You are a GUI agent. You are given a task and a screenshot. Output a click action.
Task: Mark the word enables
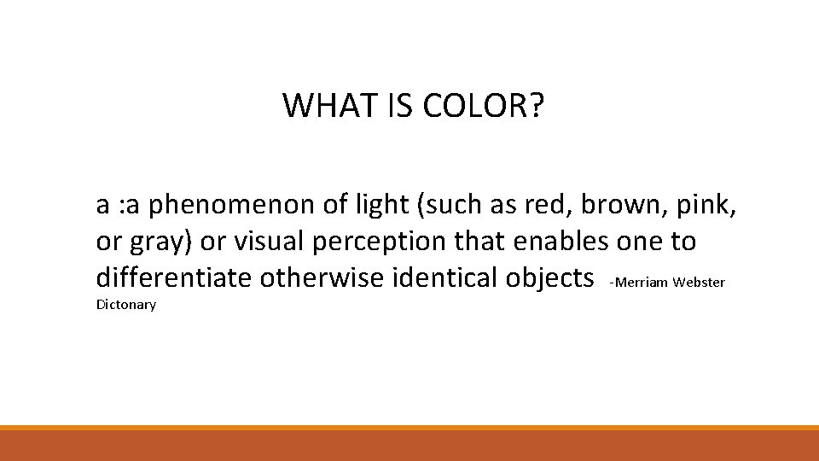[560, 242]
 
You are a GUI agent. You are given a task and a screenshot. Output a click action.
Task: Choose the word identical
[443, 277]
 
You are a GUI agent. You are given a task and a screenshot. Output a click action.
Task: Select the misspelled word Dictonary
[126, 305]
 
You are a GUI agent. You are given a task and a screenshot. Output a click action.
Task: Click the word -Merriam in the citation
[639, 282]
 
